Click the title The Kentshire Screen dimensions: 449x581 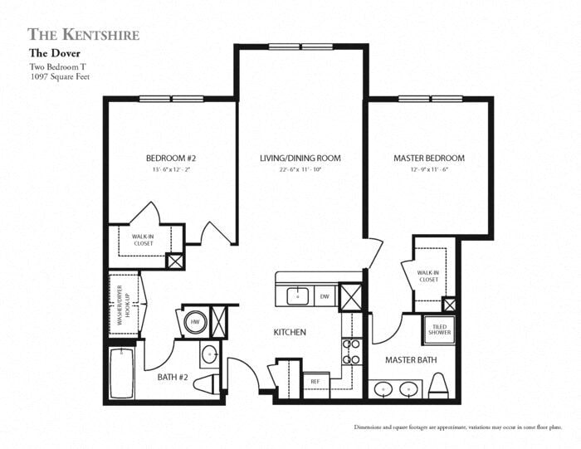tap(83, 34)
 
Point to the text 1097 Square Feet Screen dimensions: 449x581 tap(59, 76)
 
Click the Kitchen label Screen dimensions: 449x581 tap(290, 333)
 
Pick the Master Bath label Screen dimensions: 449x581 tap(411, 360)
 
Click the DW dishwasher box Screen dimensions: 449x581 tap(325, 295)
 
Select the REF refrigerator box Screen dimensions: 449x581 tap(315, 382)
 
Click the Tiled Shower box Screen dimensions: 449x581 tap(439, 328)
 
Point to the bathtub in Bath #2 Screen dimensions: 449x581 tap(125, 374)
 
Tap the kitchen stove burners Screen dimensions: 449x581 tap(351, 351)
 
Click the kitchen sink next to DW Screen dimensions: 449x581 tap(296, 295)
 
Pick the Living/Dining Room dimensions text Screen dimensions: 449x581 tap(300, 170)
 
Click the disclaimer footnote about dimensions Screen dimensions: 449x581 tap(458, 427)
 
